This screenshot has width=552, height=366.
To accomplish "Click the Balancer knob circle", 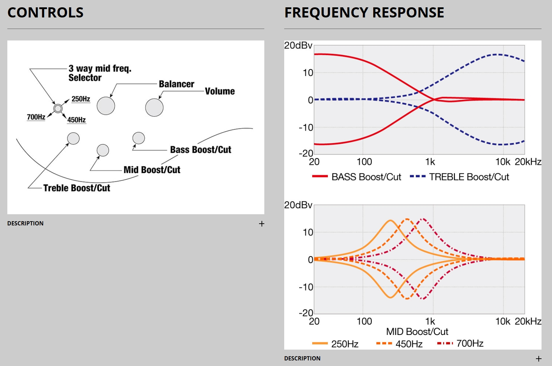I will click(106, 106).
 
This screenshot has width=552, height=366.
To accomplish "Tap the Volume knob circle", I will click(154, 107).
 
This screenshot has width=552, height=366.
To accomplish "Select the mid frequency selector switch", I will click(58, 109).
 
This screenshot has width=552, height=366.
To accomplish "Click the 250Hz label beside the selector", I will click(81, 99).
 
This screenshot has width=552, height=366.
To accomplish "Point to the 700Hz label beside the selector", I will click(36, 117).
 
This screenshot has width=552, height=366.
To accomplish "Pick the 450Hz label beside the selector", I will click(76, 120).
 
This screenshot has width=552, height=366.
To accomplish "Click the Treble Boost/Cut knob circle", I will click(73, 139).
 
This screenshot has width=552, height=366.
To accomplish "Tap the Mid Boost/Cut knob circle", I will click(103, 150).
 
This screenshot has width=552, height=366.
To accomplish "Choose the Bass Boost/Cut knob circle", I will click(139, 138).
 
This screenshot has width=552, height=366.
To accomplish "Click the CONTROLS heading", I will click(45, 13).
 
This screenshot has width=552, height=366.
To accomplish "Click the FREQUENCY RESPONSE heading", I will click(364, 13).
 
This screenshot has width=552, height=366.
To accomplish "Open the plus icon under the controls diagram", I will click(262, 224).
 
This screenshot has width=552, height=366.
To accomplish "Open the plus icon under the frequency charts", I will click(539, 359).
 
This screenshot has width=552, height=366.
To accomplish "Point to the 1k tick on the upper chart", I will click(430, 162).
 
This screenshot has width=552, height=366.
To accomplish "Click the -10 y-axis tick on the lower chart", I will click(306, 287).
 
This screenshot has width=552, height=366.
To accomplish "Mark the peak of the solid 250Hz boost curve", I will click(390, 221).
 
